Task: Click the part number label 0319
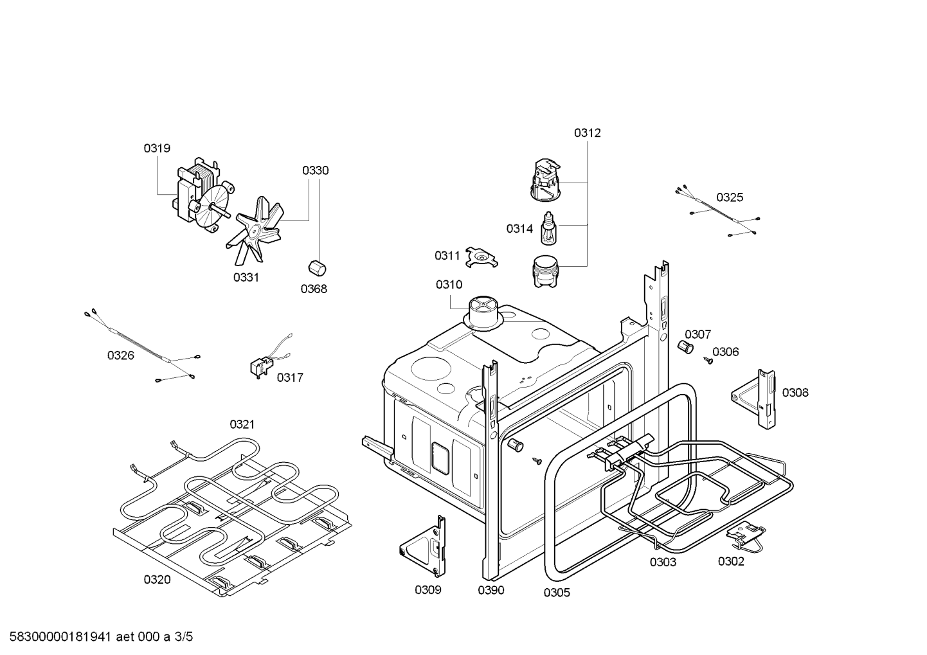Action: click(157, 148)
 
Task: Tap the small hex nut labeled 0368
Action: click(315, 267)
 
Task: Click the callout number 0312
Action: click(587, 133)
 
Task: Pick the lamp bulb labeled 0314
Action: click(548, 229)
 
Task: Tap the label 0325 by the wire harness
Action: click(730, 197)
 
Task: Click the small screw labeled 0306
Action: click(710, 361)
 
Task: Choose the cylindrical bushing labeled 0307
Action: click(685, 347)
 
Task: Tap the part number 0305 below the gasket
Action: click(556, 593)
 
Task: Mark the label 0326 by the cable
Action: click(120, 355)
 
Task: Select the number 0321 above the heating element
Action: click(242, 424)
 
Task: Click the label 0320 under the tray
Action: click(157, 580)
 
